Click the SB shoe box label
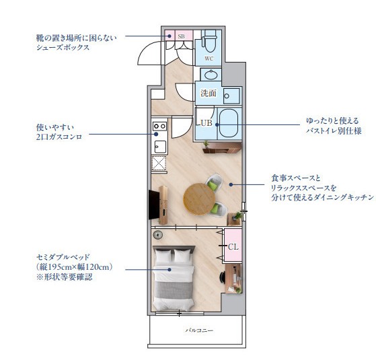pos(181,36)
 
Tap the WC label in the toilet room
pos(209,59)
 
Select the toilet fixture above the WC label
pos(209,42)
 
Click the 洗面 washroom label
pos(208,94)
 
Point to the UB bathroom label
pos(204,123)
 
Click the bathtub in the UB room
pos(225,122)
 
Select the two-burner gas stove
pos(159,126)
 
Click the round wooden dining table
pos(198,198)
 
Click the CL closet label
pos(233,246)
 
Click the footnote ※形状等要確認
pos(65,277)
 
